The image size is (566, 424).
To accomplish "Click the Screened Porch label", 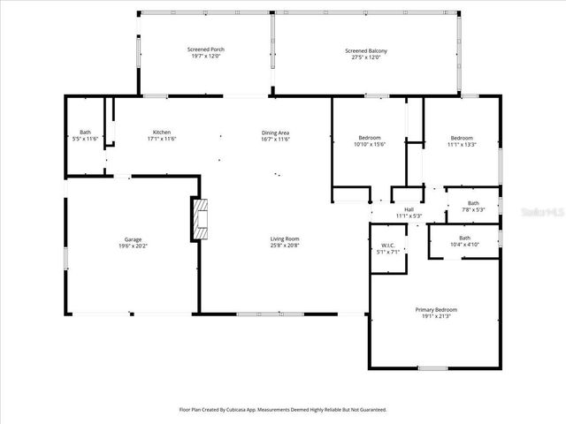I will click(x=205, y=49).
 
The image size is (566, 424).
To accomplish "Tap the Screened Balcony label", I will click(x=365, y=50).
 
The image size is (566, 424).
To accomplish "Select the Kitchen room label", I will click(x=161, y=132).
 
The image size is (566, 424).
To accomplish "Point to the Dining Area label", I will click(x=275, y=132).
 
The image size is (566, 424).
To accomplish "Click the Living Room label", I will click(x=285, y=238).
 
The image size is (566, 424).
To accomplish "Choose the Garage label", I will click(x=133, y=239).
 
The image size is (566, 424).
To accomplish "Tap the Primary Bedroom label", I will click(x=436, y=309).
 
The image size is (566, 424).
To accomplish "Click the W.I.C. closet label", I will click(x=387, y=245).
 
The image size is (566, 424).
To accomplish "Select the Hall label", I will click(x=409, y=209).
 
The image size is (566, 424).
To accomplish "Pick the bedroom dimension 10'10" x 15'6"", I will click(x=370, y=144).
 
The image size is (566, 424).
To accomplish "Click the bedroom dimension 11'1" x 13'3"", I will click(x=462, y=144).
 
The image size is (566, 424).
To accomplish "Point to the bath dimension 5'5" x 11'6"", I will click(x=86, y=139).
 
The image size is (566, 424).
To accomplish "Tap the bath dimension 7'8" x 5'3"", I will click(x=474, y=210).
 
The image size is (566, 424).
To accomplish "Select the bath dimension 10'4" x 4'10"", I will click(x=464, y=244).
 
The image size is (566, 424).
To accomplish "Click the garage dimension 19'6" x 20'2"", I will click(x=133, y=246).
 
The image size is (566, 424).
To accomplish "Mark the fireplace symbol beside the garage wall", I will click(x=200, y=219).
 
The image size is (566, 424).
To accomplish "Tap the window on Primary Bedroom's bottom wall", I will click(x=432, y=367).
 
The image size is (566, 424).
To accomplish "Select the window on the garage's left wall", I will click(x=65, y=258).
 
